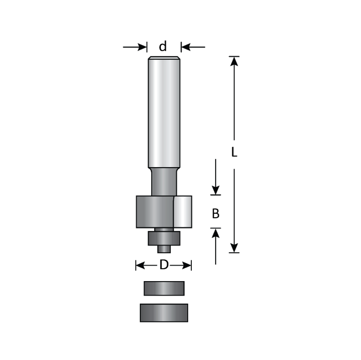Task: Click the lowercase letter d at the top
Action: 163,47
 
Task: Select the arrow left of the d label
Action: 136,47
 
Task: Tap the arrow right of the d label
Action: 192,47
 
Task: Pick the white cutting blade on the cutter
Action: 183,211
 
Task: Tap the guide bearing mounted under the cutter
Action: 164,238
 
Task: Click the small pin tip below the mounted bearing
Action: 164,248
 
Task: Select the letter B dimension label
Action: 216,212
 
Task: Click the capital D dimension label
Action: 163,266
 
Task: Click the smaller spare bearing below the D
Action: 164,288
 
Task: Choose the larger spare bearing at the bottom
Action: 164,313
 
